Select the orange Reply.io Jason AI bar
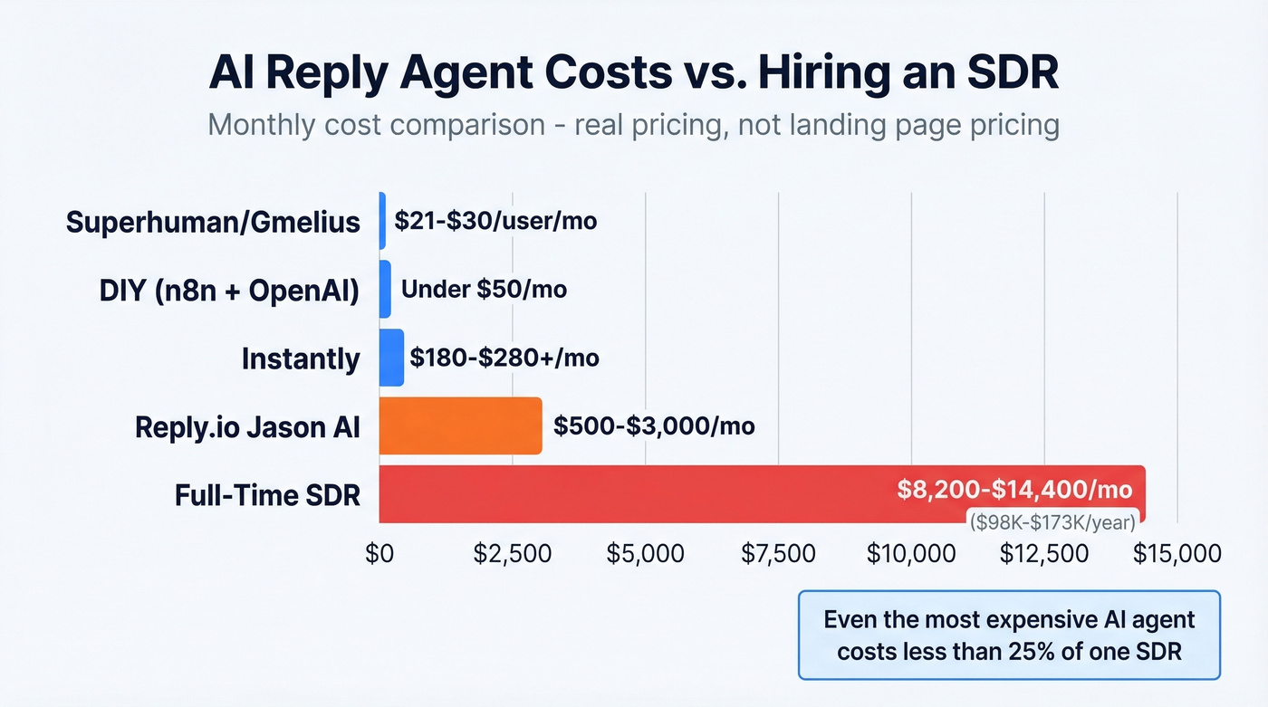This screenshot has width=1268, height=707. (460, 425)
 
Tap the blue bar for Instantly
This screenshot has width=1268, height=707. (391, 358)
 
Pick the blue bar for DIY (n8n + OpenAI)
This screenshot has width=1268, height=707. (385, 290)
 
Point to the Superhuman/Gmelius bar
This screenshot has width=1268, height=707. (382, 221)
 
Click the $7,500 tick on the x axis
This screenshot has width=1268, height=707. (778, 553)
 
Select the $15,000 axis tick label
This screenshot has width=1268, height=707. (1177, 553)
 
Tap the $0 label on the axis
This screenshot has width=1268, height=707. (379, 553)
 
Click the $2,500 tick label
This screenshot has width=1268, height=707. (512, 553)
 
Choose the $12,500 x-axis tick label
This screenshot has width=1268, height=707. (1044, 553)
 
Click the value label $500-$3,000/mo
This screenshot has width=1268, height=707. (654, 425)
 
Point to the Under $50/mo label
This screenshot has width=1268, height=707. (484, 290)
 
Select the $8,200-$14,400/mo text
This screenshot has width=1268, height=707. (1014, 490)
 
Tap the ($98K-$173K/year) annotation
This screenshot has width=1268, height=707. (1051, 522)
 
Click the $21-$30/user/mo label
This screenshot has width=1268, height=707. (495, 221)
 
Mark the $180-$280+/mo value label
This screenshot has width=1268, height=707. (504, 358)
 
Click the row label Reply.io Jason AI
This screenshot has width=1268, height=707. (247, 426)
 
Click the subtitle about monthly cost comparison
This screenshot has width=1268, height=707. (633, 124)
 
